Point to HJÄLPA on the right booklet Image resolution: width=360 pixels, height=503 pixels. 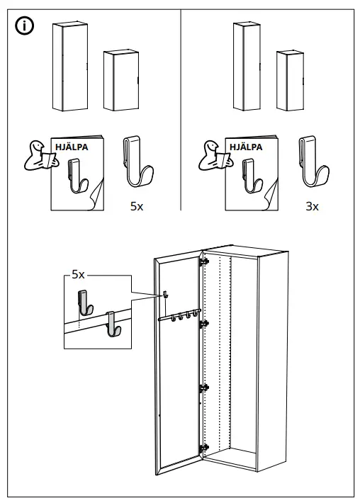pos(245,147)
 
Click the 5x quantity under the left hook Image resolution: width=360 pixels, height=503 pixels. pos(137,208)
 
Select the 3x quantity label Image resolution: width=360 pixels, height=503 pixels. pos(312,208)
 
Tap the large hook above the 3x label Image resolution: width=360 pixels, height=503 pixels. pos(313,162)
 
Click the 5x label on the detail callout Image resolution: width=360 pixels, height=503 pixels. pos(78,274)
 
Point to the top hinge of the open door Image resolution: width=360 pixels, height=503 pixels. pos(205,261)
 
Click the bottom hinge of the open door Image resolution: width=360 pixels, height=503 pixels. pos(205,447)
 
